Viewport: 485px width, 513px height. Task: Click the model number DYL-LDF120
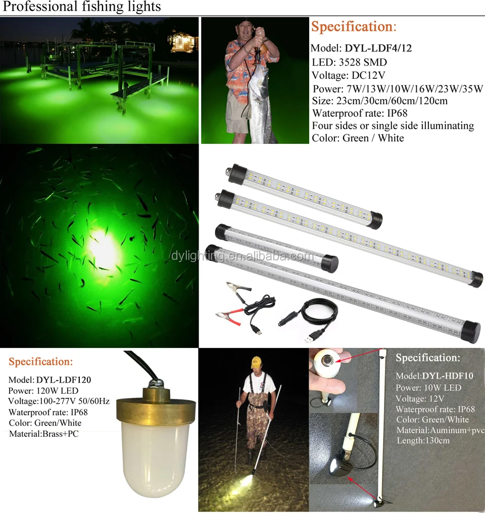pos(63,379)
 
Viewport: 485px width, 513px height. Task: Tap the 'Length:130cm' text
pos(423,440)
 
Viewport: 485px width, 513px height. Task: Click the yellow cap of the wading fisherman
pos(257,362)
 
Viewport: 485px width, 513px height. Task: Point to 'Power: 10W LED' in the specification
pos(428,387)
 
